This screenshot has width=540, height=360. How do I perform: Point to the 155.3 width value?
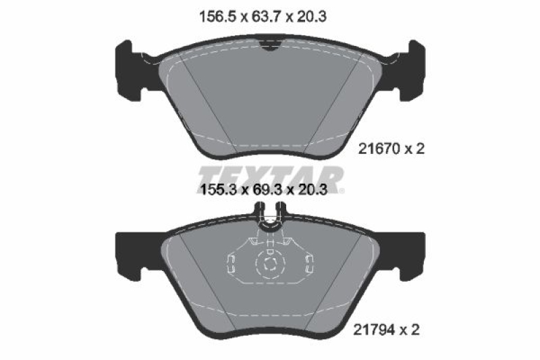point(221,190)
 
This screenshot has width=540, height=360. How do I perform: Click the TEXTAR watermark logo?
point(270,177)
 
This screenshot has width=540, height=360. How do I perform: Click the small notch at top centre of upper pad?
point(270,46)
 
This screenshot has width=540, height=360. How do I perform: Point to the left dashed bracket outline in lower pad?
point(231,264)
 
